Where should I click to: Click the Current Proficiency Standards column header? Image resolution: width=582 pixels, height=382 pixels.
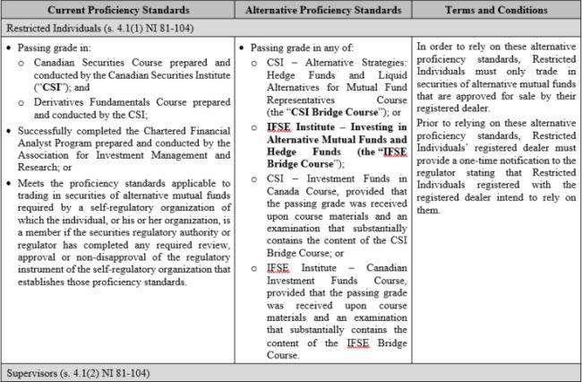pos(116,10)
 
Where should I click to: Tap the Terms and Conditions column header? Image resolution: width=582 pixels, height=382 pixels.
pos(494,10)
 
